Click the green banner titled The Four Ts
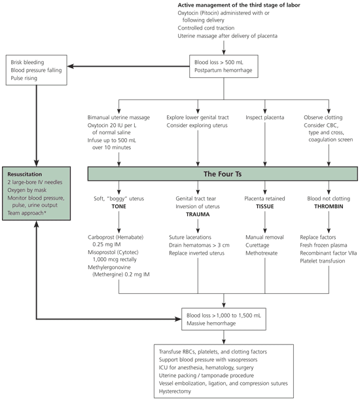pos(223,174)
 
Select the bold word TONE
pos(118,206)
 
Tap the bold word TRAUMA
pos(198,214)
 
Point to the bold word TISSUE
pos(264,206)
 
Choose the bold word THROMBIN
pos(329,206)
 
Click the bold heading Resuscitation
pos(25,174)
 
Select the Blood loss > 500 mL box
pos(224,66)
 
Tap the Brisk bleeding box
pos(37,70)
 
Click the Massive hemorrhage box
pos(224,320)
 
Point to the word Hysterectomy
pos(175,392)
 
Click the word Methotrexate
pos(261,253)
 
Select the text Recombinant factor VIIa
pos(328,253)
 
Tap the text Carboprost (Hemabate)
pos(116,237)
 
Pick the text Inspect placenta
pos(264,117)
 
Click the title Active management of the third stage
pos(239,5)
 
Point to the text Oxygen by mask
pos(27,191)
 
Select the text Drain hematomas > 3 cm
pos(199,245)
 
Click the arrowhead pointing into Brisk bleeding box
pos(71,66)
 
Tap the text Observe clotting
pos(323,117)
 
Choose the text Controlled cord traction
pos(206,28)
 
